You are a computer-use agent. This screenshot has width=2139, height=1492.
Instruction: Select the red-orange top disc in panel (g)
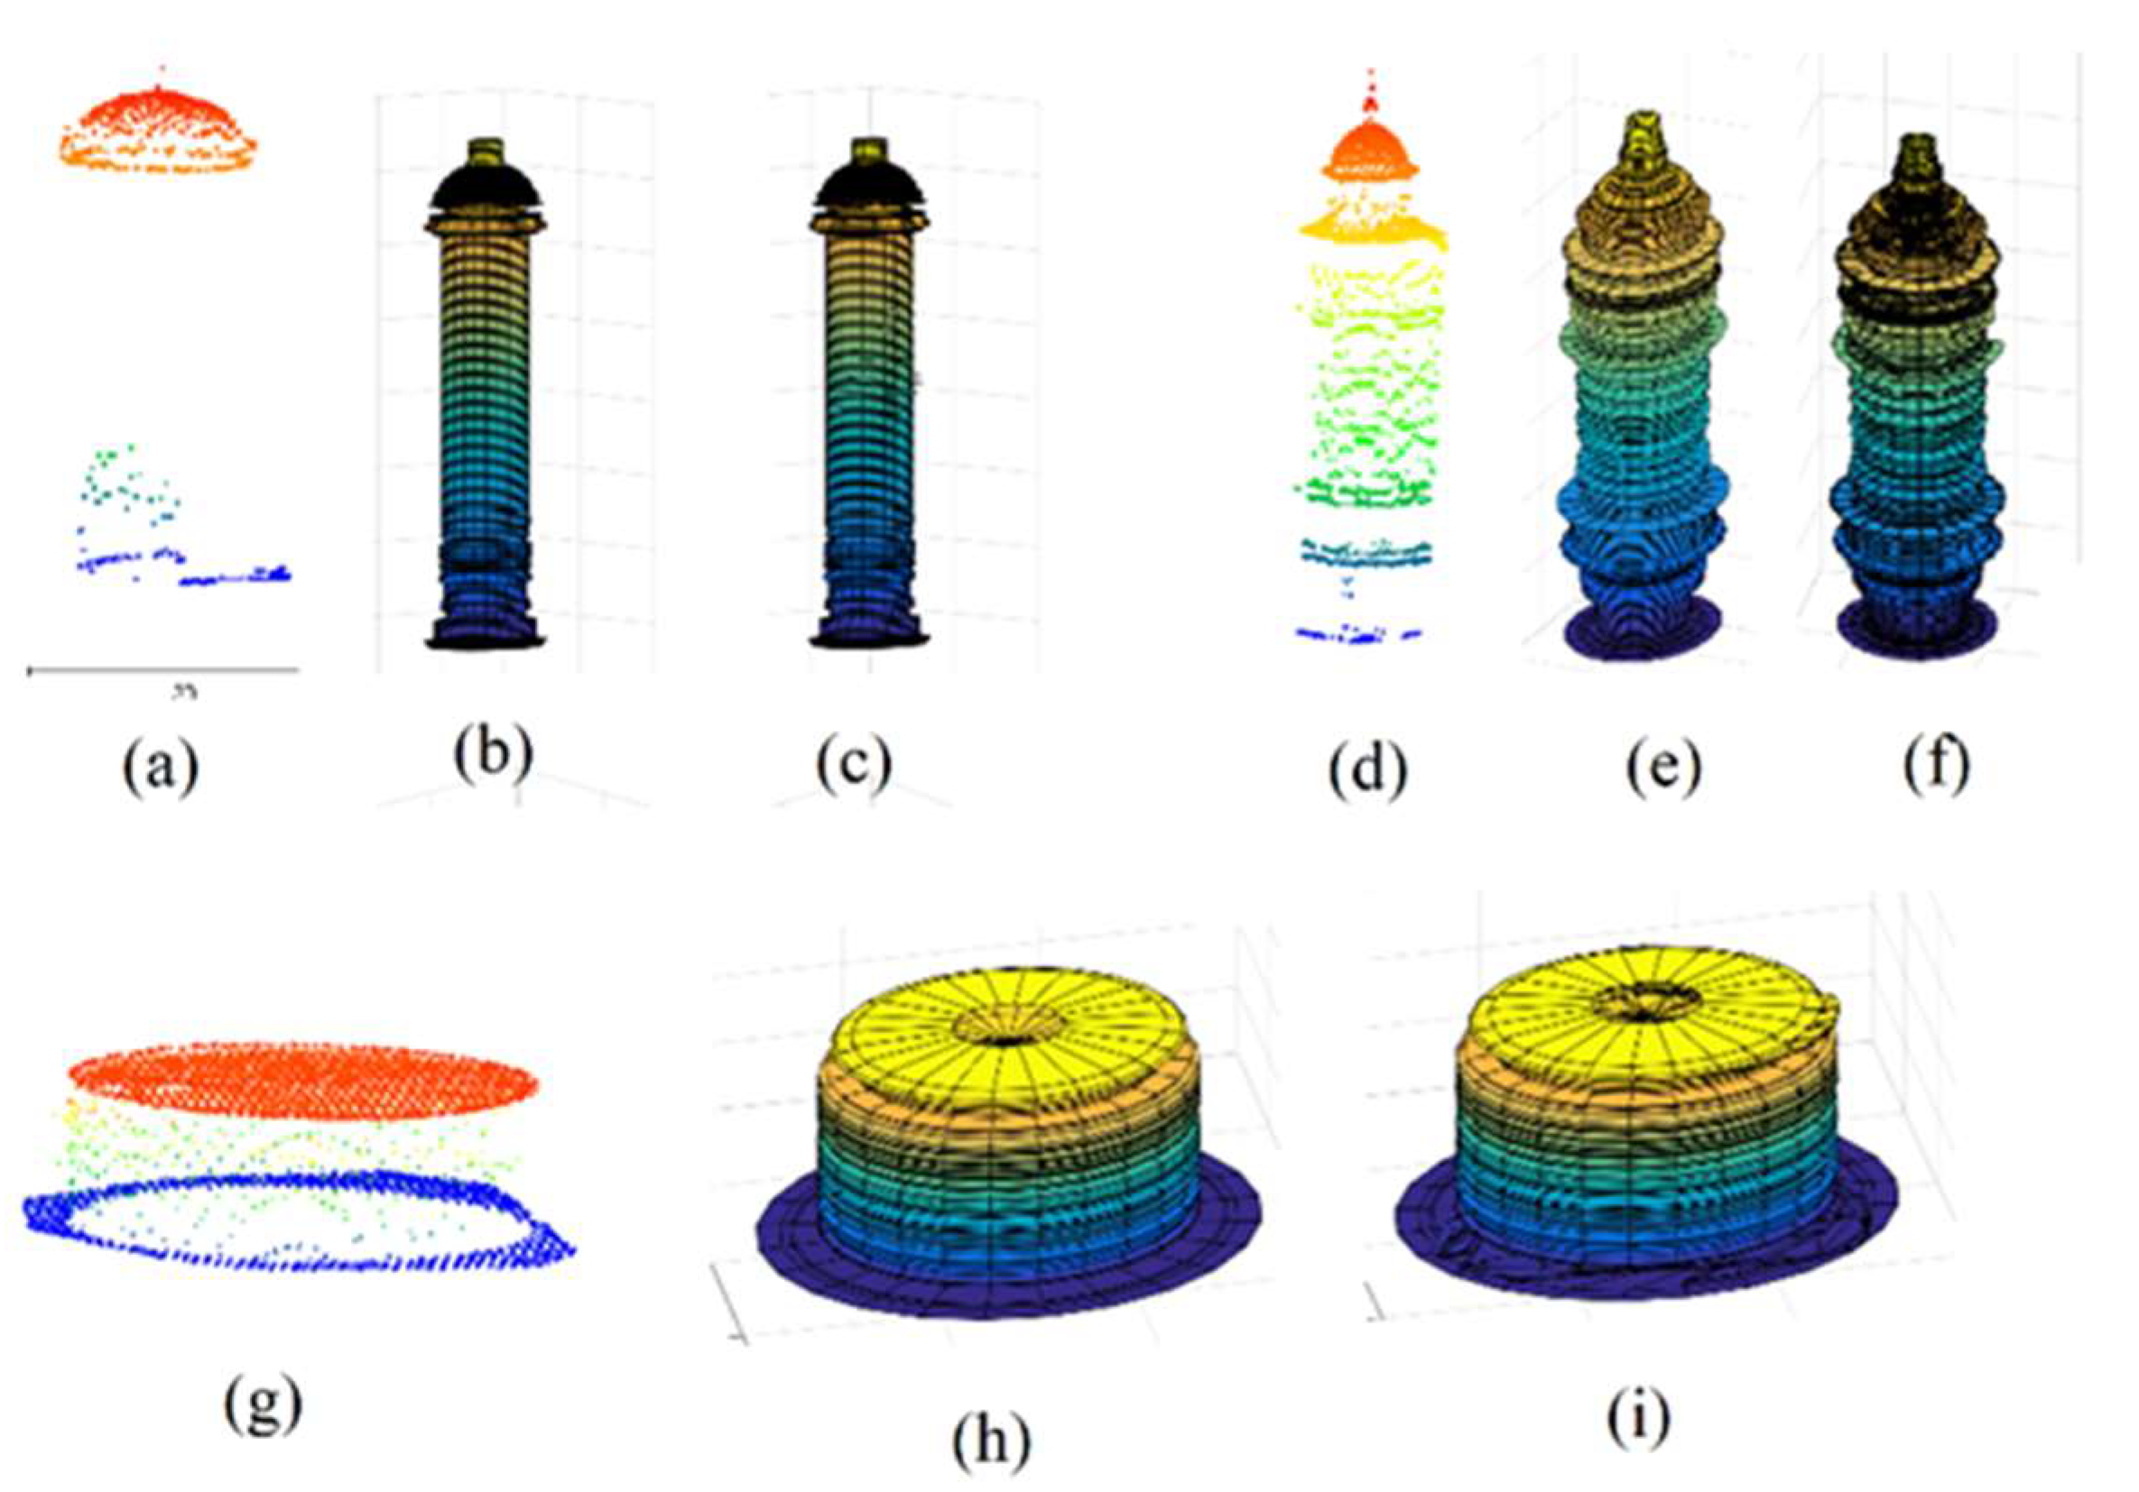(x=302, y=1081)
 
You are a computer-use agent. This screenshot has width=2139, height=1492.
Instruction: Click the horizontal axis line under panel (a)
(x=163, y=668)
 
